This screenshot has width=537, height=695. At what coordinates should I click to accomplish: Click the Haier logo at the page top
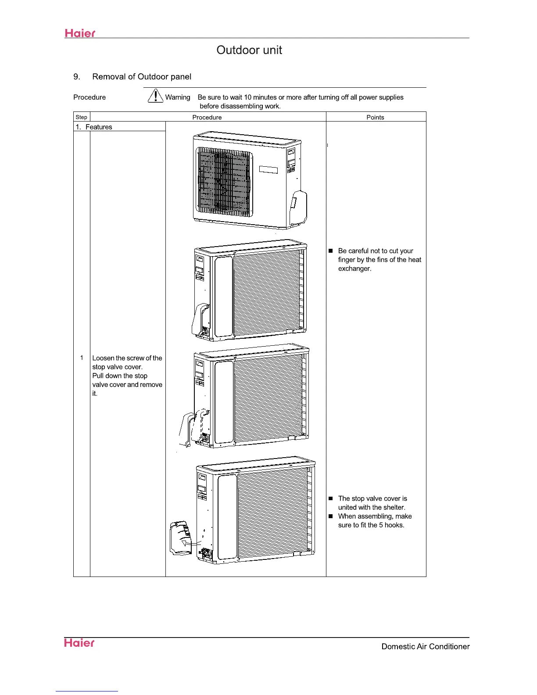click(80, 33)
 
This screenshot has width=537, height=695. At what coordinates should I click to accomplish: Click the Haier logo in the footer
click(79, 643)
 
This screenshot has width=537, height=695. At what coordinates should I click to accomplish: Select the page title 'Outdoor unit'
click(249, 50)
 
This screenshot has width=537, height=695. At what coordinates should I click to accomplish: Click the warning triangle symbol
click(155, 96)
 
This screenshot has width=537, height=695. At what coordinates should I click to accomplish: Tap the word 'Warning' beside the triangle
click(178, 97)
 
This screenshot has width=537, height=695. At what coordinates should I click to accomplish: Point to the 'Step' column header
click(81, 117)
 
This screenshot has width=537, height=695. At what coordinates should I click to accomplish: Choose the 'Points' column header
click(375, 117)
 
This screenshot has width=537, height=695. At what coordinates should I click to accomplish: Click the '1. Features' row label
click(94, 127)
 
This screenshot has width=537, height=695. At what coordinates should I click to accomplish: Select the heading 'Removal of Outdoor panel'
click(142, 77)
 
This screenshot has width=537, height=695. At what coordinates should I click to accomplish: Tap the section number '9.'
click(77, 77)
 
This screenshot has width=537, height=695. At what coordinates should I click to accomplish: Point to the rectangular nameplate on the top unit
click(268, 169)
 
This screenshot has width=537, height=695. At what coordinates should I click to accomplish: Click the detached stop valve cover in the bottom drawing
click(180, 537)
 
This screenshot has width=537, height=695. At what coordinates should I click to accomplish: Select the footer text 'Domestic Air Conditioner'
click(426, 646)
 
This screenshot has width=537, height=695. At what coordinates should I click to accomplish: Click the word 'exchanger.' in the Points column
click(354, 269)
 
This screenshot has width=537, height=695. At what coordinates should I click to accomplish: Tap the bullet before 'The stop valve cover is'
click(331, 498)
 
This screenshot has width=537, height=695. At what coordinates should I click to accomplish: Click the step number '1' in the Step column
click(82, 358)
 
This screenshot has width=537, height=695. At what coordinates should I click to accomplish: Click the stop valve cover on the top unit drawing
click(298, 206)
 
